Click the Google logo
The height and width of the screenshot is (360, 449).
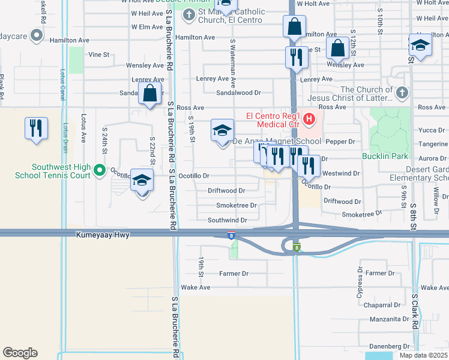coord(20,353)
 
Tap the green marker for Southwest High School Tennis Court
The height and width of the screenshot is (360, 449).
coord(100,170)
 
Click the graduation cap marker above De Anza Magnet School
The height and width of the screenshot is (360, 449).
coord(221,131)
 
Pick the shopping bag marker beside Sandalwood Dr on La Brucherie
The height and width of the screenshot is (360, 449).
coord(149,94)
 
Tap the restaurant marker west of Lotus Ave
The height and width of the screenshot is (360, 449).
coord(36,128)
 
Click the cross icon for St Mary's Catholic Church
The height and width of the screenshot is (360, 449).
coord(188,14)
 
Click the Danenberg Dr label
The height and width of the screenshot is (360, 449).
coord(390,346)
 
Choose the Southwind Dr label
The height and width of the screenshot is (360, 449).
coord(228,220)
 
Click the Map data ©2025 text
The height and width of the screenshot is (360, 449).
coord(423,355)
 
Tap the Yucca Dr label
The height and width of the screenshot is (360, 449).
coord(432,130)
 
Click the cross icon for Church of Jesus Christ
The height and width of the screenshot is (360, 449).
coord(402,93)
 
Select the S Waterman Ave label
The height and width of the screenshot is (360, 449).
coord(233,59)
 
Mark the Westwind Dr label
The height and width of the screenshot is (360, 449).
coord(341,173)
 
